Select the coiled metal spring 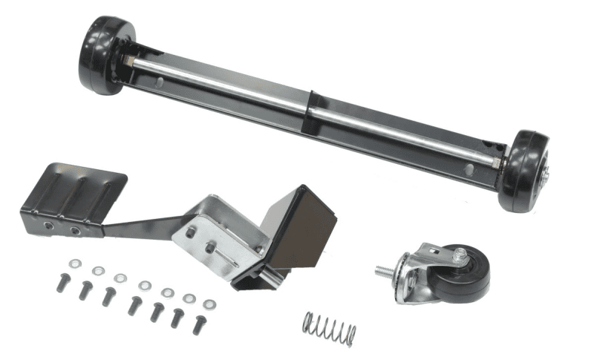(329, 327)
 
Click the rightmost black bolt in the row (200, 323)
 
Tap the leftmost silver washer (75, 264)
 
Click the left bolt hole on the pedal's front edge (48, 223)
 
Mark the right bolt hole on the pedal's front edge (75, 230)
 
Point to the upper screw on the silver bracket (191, 232)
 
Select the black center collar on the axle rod (313, 104)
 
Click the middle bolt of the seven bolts (134, 304)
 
